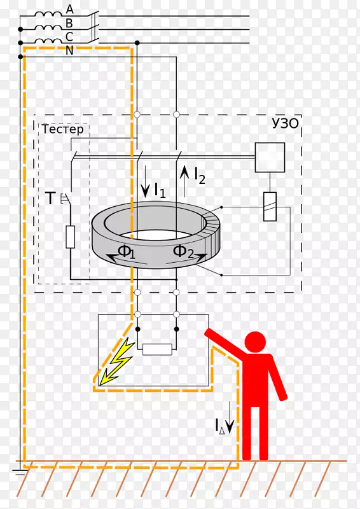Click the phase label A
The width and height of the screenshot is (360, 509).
70,10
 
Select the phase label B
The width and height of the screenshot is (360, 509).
69,24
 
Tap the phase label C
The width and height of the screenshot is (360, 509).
69,37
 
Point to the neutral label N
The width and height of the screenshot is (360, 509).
69,51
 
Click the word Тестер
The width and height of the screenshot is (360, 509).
63,129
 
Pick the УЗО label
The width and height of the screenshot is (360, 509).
285,123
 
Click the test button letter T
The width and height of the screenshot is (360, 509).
50,198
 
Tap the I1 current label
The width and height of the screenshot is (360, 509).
160,190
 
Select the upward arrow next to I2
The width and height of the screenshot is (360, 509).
184,181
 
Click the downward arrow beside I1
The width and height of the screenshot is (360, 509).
145,181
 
